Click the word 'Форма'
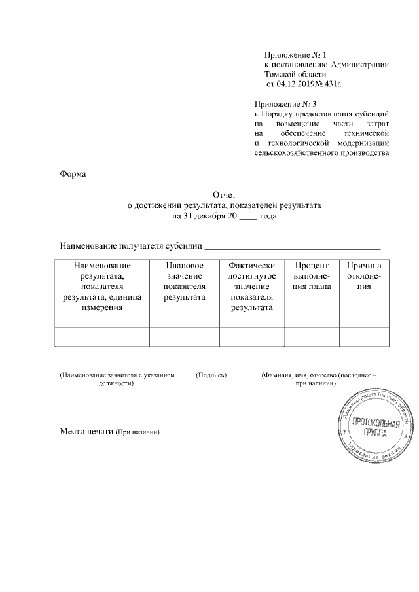(73, 174)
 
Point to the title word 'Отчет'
(224, 195)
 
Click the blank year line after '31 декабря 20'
(248, 216)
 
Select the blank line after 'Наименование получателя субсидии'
(293, 247)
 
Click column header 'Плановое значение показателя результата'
(184, 281)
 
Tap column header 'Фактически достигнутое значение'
(251, 286)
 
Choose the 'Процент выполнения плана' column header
(311, 275)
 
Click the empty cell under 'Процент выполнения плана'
(311, 336)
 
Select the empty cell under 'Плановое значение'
(184, 336)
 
